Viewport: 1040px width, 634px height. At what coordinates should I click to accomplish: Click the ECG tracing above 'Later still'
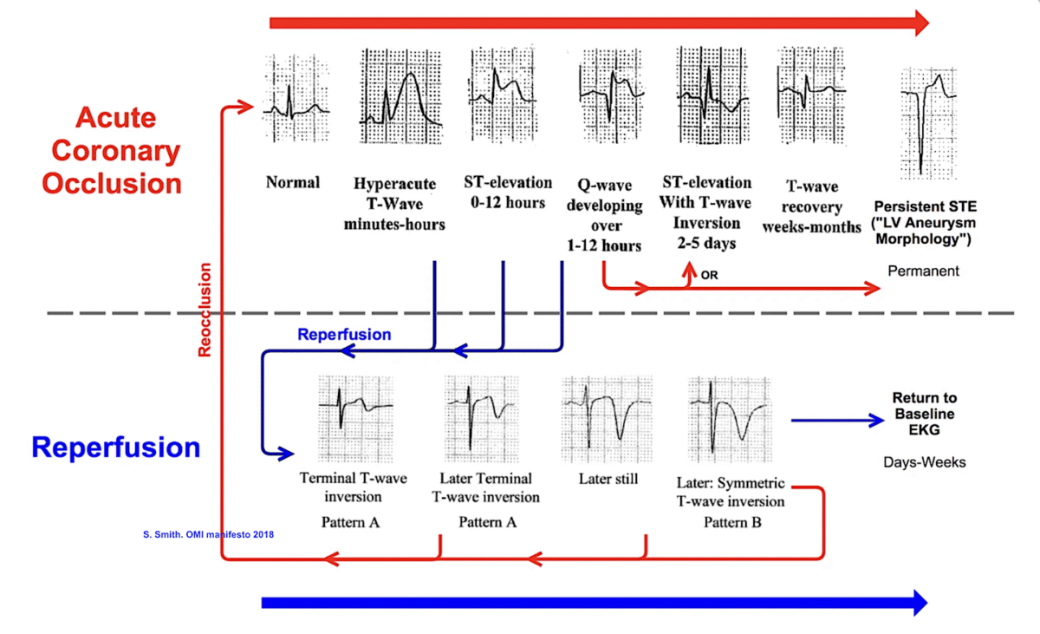(x=606, y=417)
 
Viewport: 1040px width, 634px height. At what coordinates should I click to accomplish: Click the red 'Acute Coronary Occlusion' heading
(x=116, y=151)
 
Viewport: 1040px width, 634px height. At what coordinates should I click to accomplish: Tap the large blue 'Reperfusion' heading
(x=115, y=448)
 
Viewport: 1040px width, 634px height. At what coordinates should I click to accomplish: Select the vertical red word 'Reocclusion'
(x=205, y=310)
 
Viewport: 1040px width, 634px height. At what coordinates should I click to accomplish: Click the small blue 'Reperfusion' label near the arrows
(x=344, y=334)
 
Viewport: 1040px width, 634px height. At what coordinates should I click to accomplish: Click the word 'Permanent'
(x=924, y=271)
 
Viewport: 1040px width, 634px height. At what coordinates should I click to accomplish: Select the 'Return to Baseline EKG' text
(x=925, y=413)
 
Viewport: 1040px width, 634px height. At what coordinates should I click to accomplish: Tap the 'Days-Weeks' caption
(x=925, y=461)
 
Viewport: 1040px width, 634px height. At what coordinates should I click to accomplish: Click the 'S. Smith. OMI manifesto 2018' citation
(x=208, y=534)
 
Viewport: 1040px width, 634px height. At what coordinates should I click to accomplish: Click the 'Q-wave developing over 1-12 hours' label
(x=609, y=214)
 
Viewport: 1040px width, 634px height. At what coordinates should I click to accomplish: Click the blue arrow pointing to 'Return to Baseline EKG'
(x=836, y=421)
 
